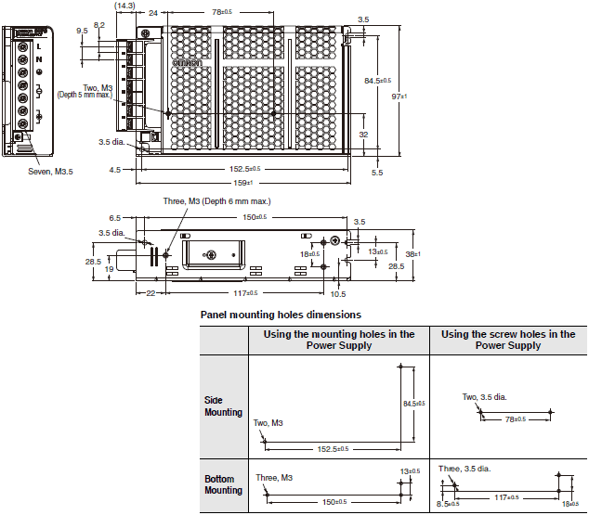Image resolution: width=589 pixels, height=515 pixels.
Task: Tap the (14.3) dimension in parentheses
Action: (124, 6)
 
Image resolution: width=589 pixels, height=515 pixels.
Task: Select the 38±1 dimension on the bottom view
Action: (414, 253)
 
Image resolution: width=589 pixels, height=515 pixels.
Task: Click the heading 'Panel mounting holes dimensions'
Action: (281, 315)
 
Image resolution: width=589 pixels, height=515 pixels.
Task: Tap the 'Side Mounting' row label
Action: (223, 406)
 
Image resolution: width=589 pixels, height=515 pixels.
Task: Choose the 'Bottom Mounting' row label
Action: (223, 483)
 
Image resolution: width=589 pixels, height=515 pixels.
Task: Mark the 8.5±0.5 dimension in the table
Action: (448, 505)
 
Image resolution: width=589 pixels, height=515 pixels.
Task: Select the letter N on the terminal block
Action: (38, 59)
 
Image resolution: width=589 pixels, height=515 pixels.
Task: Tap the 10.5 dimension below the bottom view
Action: (338, 294)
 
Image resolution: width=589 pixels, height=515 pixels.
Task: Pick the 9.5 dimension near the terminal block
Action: (83, 31)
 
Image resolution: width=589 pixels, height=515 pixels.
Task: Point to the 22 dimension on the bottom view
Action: (151, 294)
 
